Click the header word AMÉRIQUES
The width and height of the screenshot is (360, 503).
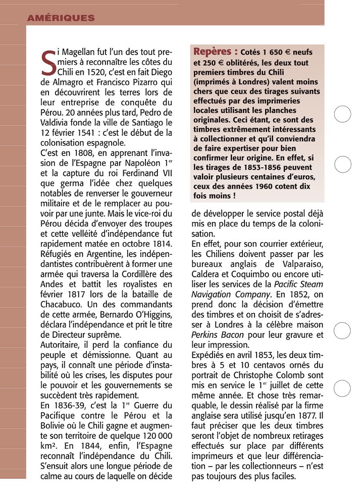tap(61, 18)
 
